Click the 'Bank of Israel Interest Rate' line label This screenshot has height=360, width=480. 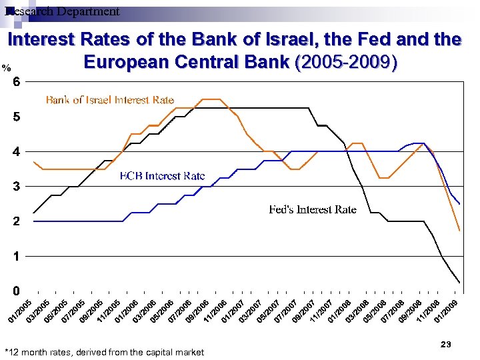pyautogui.click(x=110, y=100)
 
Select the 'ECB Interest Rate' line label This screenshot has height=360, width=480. pyautogui.click(x=162, y=176)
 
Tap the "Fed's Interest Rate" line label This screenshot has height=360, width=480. pyautogui.click(x=312, y=209)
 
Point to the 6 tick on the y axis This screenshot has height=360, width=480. pyautogui.click(x=17, y=81)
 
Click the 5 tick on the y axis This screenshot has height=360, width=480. pyautogui.click(x=17, y=117)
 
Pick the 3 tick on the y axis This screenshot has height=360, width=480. pyautogui.click(x=17, y=186)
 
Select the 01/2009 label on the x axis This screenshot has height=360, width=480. pyautogui.click(x=446, y=309)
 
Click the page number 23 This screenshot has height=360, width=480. pyautogui.click(x=447, y=344)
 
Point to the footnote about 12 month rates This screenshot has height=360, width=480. pyautogui.click(x=104, y=352)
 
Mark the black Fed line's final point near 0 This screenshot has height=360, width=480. pyautogui.click(x=459, y=283)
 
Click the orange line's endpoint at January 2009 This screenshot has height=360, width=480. pyautogui.click(x=459, y=231)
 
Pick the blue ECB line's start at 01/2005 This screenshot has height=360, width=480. pyautogui.click(x=33, y=221)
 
